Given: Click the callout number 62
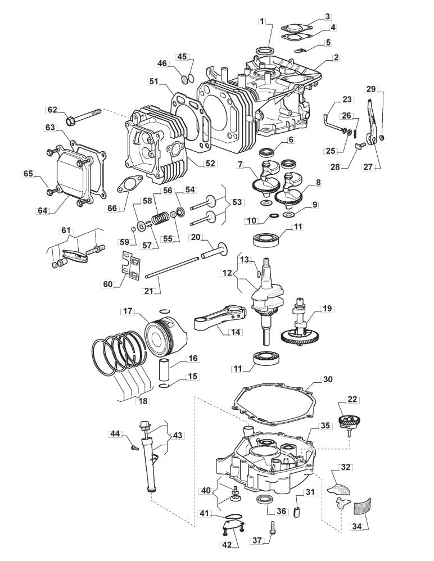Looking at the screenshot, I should [x=52, y=110].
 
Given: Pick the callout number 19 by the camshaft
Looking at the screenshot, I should [x=327, y=309].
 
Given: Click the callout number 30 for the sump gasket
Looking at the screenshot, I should [x=328, y=379].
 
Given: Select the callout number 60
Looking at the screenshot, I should [x=107, y=284].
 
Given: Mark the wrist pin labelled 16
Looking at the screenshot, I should [x=167, y=370].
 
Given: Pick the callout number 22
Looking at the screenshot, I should [x=352, y=400].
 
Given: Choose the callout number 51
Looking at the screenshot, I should [x=155, y=82].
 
